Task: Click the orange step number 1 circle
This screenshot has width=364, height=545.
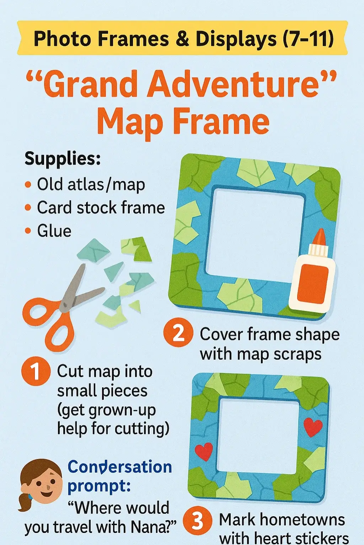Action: coord(36,371)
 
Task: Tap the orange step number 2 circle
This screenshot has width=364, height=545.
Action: coord(178,332)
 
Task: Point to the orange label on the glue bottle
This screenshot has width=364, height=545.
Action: coord(312,284)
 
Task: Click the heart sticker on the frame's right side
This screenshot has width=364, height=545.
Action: coord(313,427)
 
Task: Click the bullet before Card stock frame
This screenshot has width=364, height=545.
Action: coord(28,208)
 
